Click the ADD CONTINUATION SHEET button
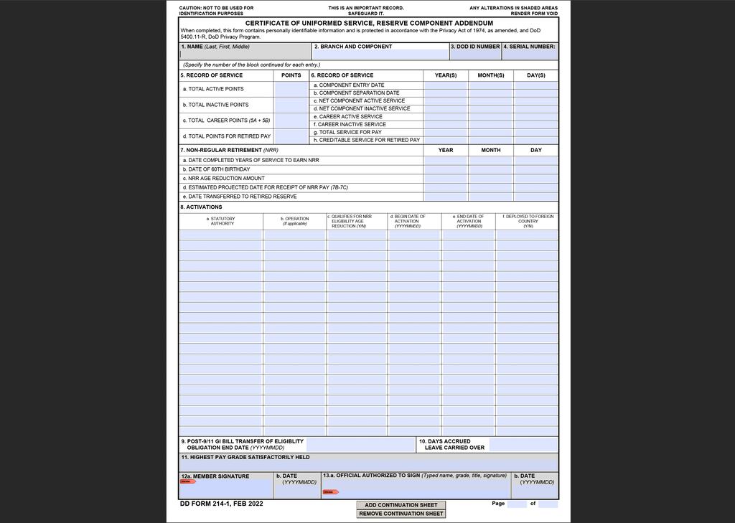tap(401, 505)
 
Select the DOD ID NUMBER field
tap(474, 55)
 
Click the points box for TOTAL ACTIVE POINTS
tap(291, 89)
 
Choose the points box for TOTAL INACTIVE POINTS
tap(291, 105)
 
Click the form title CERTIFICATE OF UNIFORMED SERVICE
tap(369, 23)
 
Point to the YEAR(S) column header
tap(446, 75)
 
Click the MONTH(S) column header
tap(491, 75)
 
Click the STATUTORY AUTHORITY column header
tap(222, 220)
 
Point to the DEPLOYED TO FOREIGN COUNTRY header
tap(528, 220)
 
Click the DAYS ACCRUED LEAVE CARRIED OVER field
tap(523, 445)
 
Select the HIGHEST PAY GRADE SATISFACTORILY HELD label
tap(245, 457)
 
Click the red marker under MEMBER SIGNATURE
tap(187, 481)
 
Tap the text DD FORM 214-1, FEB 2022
tap(222, 504)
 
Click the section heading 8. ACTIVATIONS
tap(201, 207)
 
